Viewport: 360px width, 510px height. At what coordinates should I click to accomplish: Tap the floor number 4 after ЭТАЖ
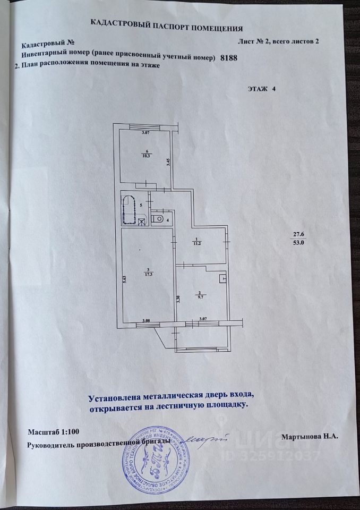274,89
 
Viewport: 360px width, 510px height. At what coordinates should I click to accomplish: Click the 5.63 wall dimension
124,280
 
